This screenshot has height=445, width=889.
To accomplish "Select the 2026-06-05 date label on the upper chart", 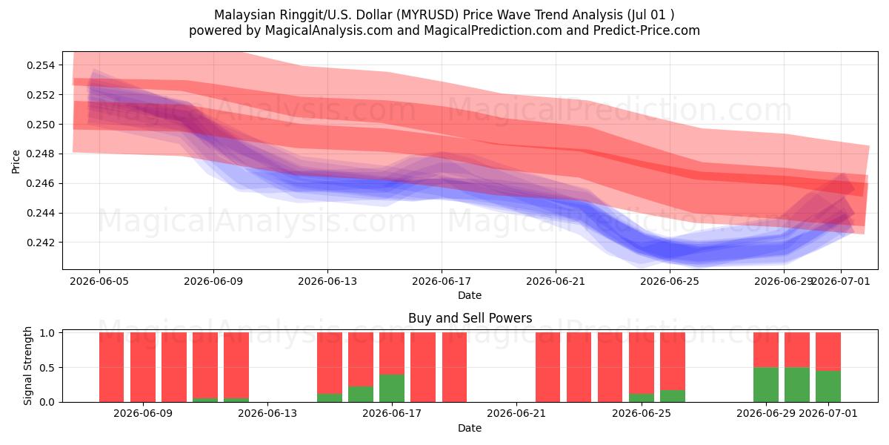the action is tap(99, 282).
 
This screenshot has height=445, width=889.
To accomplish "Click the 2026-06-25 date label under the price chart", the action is tap(670, 282).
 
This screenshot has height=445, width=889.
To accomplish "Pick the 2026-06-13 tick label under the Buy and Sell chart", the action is tap(267, 414).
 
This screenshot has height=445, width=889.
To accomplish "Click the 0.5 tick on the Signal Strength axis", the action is tap(47, 368).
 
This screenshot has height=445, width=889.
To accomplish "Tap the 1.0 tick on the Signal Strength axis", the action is tap(47, 333).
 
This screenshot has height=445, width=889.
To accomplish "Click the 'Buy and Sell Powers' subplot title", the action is tap(470, 318).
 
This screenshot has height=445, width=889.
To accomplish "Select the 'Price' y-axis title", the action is tap(16, 162).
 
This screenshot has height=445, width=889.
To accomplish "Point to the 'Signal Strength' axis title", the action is tap(27, 366).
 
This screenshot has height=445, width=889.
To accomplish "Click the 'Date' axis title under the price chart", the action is tap(470, 295).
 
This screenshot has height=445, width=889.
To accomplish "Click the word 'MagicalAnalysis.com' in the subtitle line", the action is tap(329, 30).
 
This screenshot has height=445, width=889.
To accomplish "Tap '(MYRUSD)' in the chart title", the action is tap(429, 15).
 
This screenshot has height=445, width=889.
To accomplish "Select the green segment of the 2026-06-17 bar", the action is tap(392, 388).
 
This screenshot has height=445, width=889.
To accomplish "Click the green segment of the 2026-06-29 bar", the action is tap(766, 385).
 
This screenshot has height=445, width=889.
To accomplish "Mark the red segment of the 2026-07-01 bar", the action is tap(828, 352).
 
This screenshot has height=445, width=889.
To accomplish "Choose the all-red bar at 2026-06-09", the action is tap(143, 367).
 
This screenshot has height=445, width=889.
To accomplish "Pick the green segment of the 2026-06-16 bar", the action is tap(361, 394).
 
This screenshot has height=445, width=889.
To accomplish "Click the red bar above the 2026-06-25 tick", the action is tap(642, 363).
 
